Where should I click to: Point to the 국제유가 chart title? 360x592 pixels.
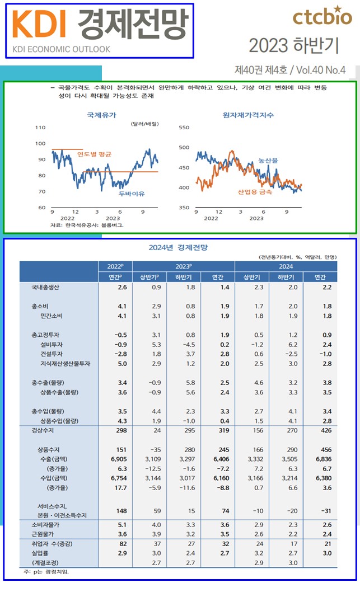point(101,115)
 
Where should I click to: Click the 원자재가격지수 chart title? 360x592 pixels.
point(248,115)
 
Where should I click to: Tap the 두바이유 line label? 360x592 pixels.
point(132,194)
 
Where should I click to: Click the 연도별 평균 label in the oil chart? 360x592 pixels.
point(95,154)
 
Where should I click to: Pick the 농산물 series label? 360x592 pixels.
point(268,161)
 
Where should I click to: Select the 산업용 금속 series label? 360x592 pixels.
point(255,192)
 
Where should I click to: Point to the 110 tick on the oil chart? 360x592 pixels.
point(40,128)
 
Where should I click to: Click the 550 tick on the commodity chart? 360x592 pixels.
point(184,128)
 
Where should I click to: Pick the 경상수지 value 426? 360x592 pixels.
point(327,430)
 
